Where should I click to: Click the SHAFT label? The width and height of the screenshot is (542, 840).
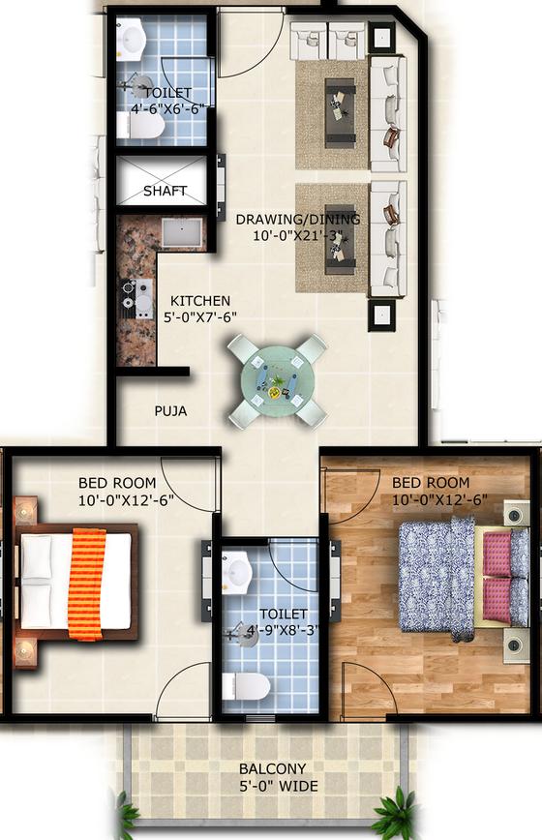(165, 191)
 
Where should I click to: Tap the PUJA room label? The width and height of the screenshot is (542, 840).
(171, 411)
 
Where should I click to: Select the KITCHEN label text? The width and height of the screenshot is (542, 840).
(200, 301)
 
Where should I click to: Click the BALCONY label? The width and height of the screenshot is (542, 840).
(273, 768)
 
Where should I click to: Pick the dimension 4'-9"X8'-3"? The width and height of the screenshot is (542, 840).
(284, 630)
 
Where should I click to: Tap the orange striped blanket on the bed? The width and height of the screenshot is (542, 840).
(87, 584)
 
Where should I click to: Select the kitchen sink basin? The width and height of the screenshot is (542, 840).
(182, 232)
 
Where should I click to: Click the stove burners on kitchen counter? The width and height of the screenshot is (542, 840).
(130, 294)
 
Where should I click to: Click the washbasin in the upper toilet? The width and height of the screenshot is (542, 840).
(131, 39)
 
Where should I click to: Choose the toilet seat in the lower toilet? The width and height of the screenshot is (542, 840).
(247, 686)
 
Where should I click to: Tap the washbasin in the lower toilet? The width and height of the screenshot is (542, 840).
(236, 572)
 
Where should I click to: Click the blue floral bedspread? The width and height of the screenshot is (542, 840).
(437, 578)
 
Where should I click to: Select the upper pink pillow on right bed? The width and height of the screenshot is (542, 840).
(497, 553)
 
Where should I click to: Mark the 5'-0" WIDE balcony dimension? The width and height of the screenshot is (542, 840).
(279, 786)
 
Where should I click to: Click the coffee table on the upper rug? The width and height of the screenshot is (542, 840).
(340, 113)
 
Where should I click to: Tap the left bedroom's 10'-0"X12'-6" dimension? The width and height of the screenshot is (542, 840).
(126, 500)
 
